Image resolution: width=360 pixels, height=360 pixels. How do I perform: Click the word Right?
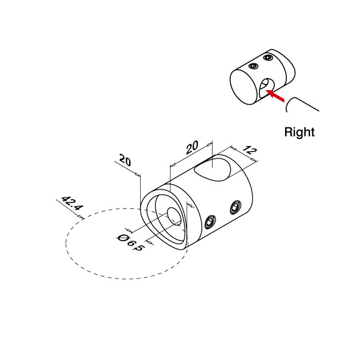click(x=299, y=132)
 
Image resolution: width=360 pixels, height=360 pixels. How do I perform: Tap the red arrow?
click(x=275, y=95)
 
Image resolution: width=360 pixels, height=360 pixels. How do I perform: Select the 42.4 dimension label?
click(x=72, y=203)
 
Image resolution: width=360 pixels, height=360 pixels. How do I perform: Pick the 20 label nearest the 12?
click(x=192, y=147)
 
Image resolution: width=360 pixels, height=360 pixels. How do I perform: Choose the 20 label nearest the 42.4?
click(x=125, y=160)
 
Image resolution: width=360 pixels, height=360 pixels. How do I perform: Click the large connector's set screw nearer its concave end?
click(x=210, y=222)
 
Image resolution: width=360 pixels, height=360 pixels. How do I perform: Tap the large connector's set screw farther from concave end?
click(x=236, y=207)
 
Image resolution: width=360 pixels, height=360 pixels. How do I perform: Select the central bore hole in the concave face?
click(x=174, y=216)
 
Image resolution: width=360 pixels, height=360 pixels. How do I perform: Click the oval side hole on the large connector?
click(x=213, y=169)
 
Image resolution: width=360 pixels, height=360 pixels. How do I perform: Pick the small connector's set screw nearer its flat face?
click(x=253, y=66)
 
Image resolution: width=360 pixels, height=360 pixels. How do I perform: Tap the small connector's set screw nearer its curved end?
click(x=267, y=57)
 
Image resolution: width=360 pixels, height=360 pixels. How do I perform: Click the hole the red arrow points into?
click(x=266, y=87)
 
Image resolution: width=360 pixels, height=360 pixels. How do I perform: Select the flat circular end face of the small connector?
click(x=242, y=86)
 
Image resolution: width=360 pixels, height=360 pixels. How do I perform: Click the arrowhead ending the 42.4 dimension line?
click(x=80, y=216)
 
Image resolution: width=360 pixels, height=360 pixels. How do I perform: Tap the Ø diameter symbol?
click(x=122, y=238)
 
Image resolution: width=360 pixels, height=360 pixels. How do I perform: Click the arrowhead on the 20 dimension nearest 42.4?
click(x=137, y=175)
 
